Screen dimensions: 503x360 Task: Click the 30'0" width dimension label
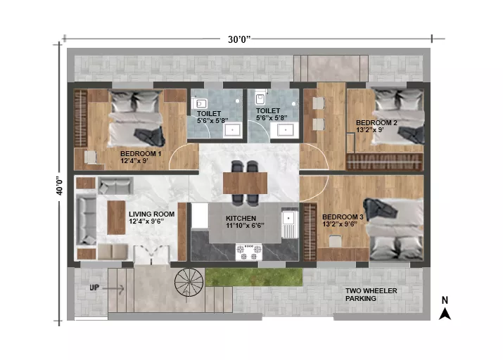[x=239, y=39]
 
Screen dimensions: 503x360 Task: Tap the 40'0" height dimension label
[x=60, y=186]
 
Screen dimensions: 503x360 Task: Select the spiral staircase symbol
[x=189, y=282]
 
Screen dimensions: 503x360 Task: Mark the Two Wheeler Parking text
[x=371, y=295]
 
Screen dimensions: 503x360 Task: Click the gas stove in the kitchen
[x=249, y=252]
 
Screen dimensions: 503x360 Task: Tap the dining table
[x=245, y=183]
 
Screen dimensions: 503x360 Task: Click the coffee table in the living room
[x=116, y=218]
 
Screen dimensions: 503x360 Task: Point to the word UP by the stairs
[x=94, y=288]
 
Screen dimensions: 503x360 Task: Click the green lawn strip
[x=254, y=277]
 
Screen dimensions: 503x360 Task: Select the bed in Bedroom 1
[x=136, y=119]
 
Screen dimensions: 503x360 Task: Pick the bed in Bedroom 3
[x=394, y=229]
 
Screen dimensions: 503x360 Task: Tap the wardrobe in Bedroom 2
[x=385, y=162]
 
